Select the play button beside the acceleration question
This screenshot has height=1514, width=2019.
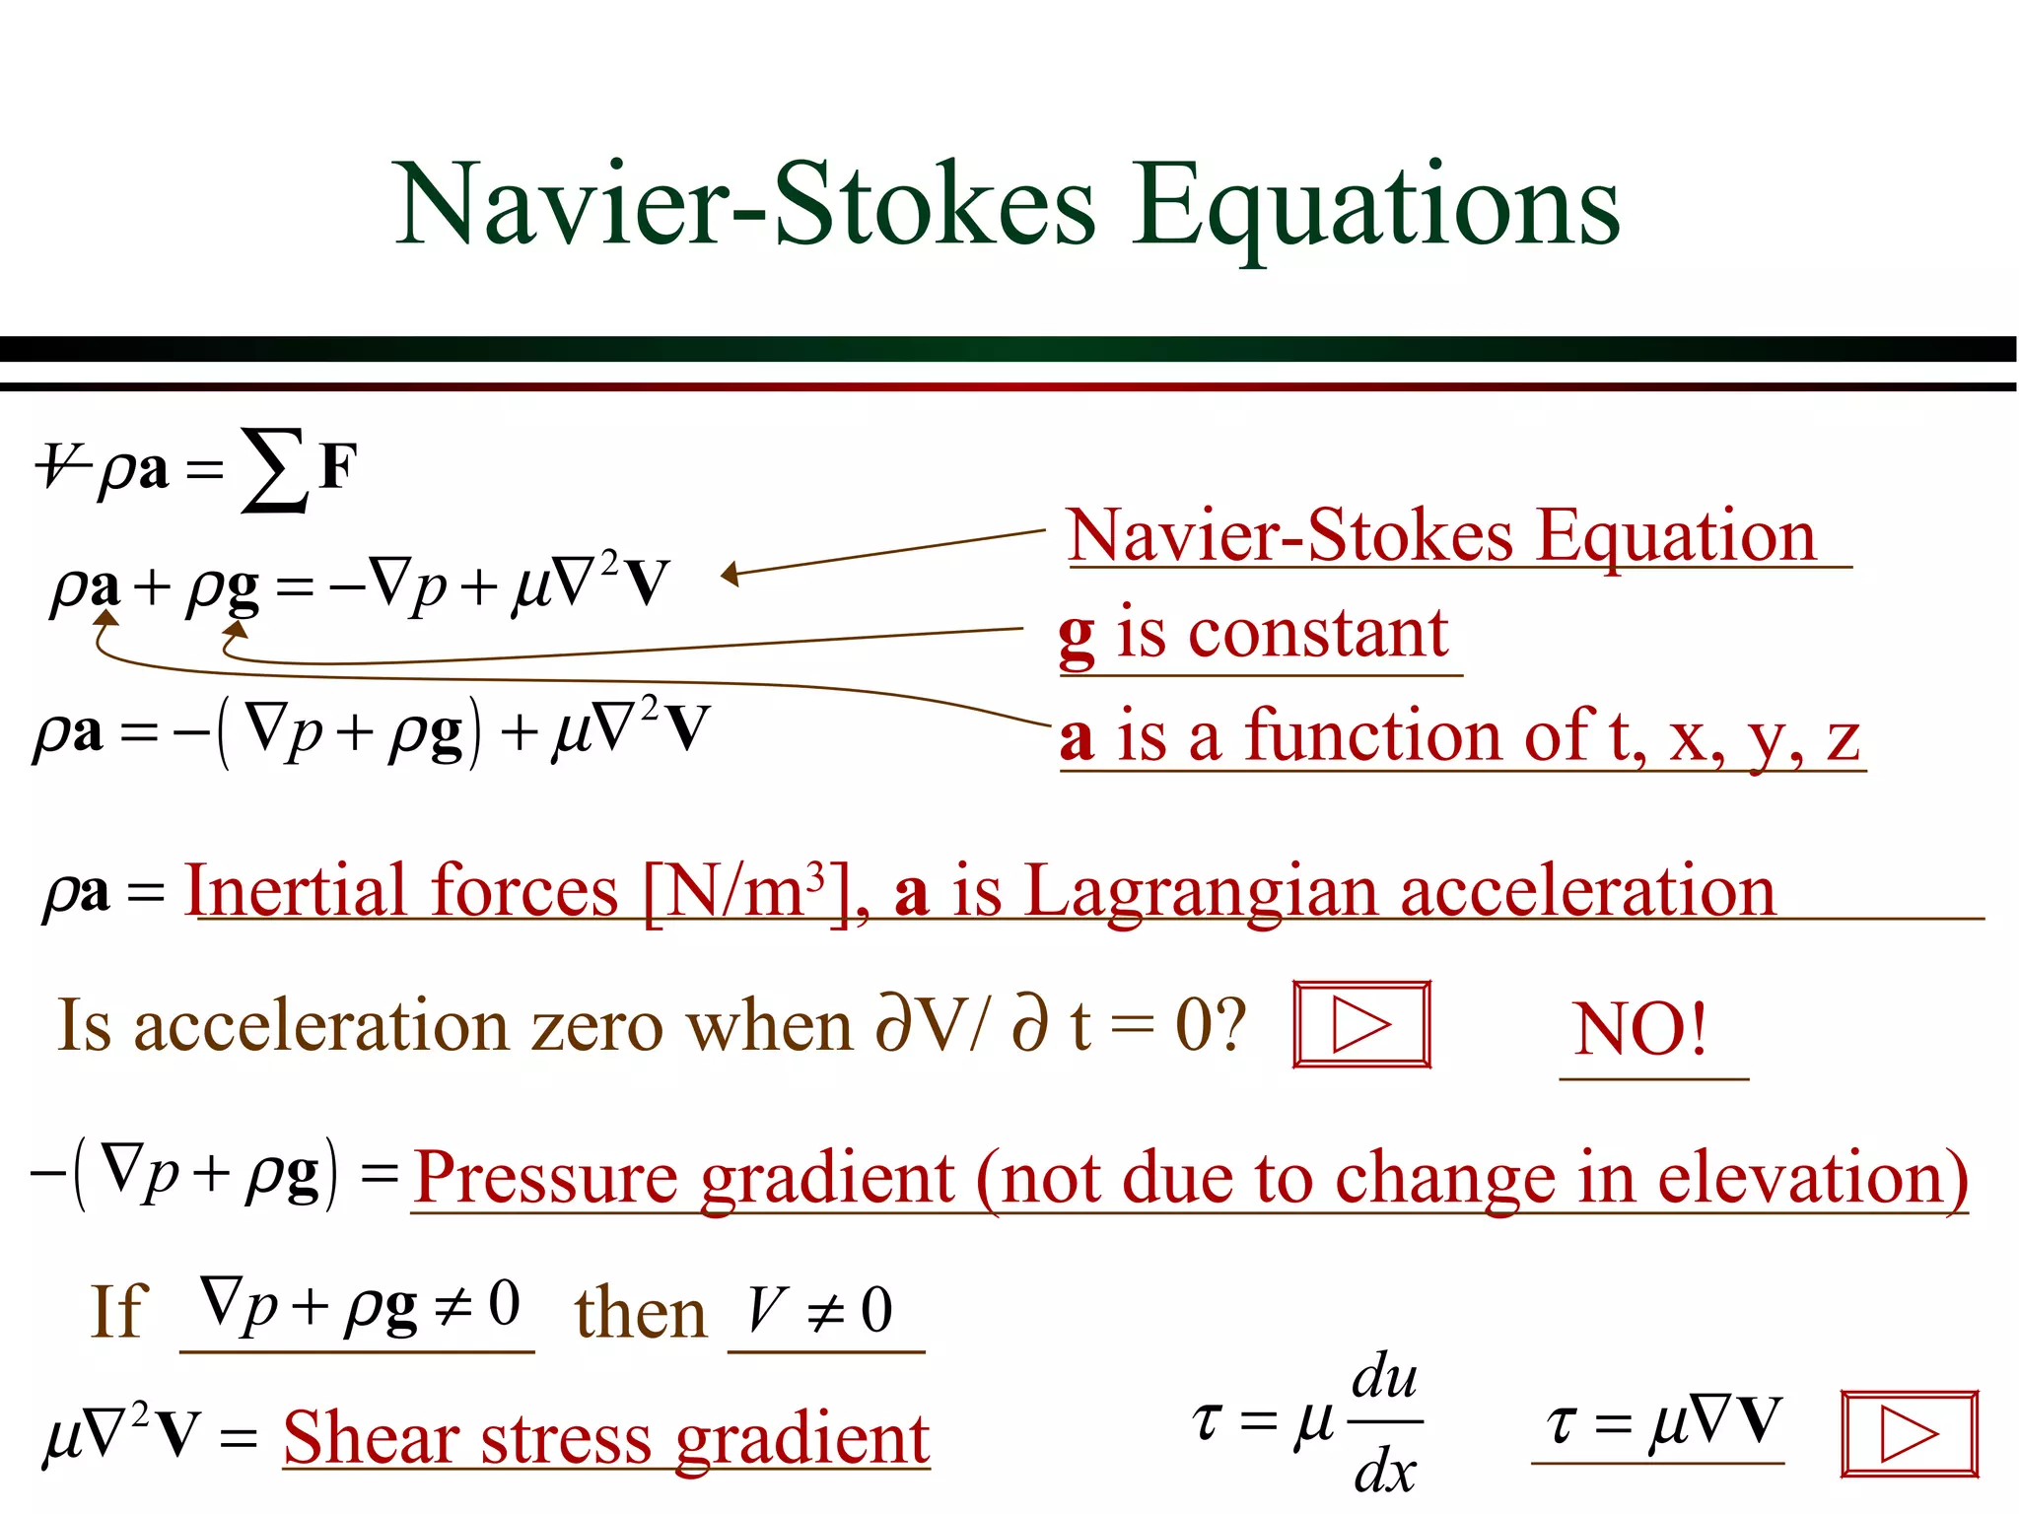coord(1361,1025)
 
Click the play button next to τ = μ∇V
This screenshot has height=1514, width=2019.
coord(1909,1433)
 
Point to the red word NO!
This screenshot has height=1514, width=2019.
coord(1640,1029)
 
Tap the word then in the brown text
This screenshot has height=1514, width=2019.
coord(641,1313)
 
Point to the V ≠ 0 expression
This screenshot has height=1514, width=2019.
coord(820,1311)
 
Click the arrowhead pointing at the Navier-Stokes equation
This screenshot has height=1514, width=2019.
coord(731,574)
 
